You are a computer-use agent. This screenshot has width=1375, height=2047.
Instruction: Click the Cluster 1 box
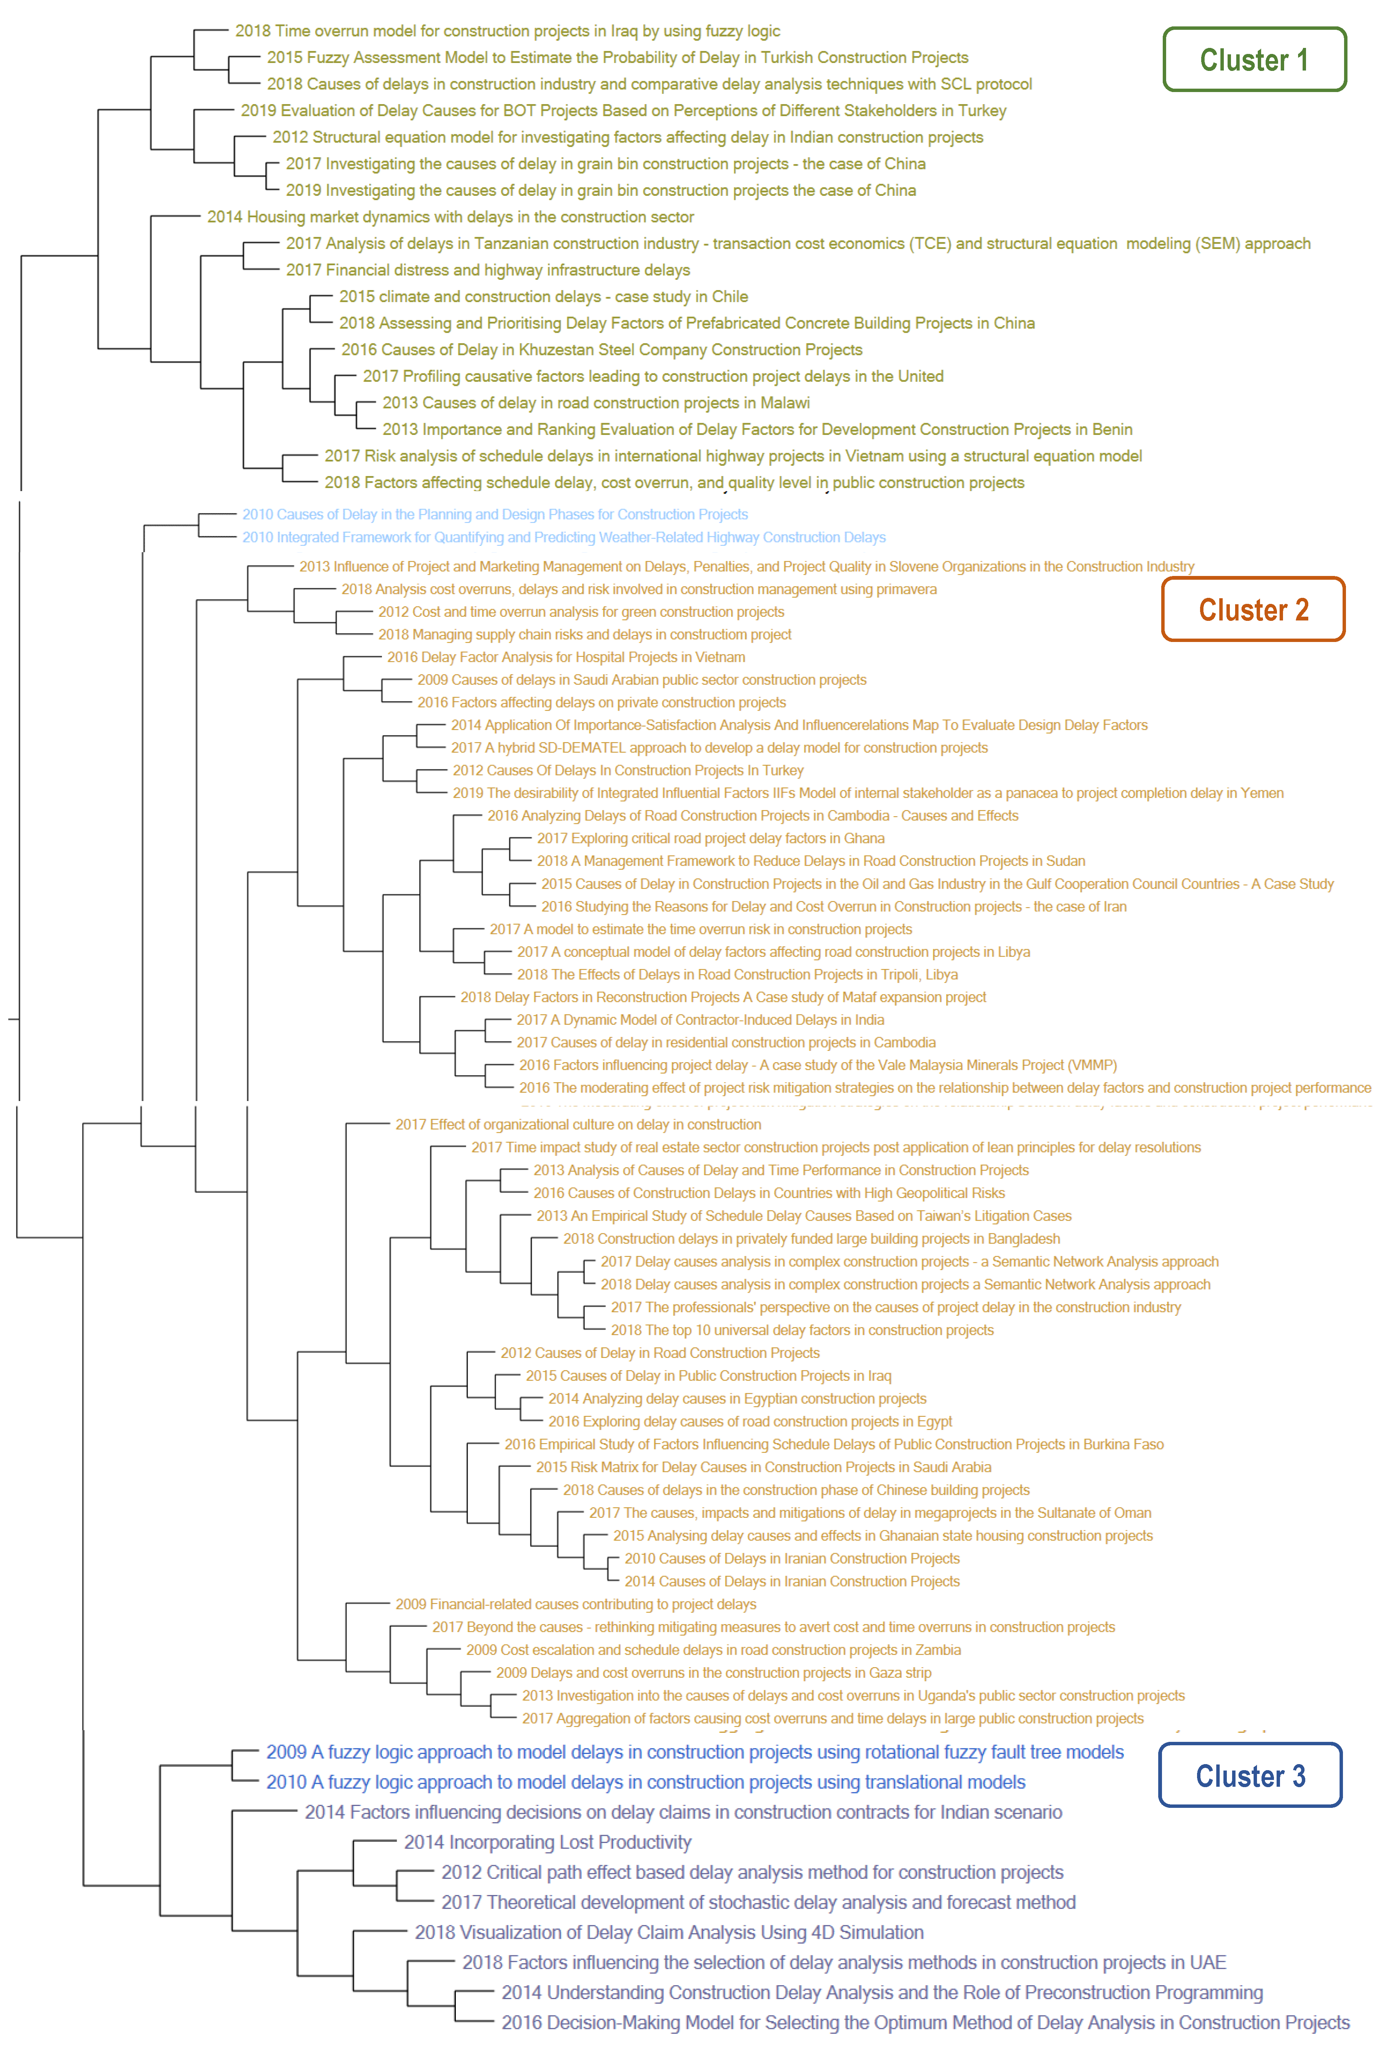1254,60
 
